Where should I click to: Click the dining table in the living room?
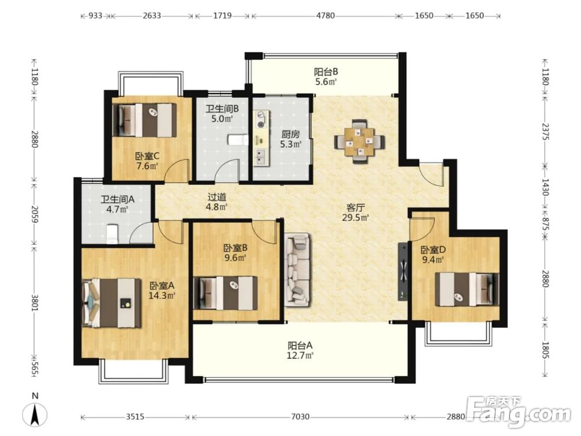(x=360, y=141)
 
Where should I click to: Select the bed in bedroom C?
(x=145, y=120)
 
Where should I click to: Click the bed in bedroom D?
(x=467, y=290)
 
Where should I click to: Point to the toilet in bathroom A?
(x=112, y=234)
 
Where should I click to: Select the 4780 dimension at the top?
(x=325, y=16)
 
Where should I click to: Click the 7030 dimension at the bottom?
(x=300, y=417)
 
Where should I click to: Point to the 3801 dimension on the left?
(x=34, y=303)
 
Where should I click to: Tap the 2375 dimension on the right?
(x=545, y=131)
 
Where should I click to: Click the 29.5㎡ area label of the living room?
(x=355, y=217)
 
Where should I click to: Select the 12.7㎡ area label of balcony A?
(x=300, y=356)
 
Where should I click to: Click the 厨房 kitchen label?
(x=290, y=134)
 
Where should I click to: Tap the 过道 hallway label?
(x=217, y=197)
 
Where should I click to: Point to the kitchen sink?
(x=260, y=156)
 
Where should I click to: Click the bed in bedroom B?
(x=225, y=293)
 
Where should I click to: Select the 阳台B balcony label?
(x=326, y=72)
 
